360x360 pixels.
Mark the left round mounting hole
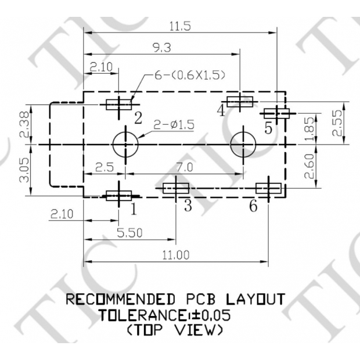coord(125,144)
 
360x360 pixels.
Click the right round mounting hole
coord(243,144)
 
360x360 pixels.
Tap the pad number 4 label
coord(221,110)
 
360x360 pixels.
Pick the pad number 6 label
coord(253,206)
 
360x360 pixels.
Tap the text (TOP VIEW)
coord(174,330)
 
